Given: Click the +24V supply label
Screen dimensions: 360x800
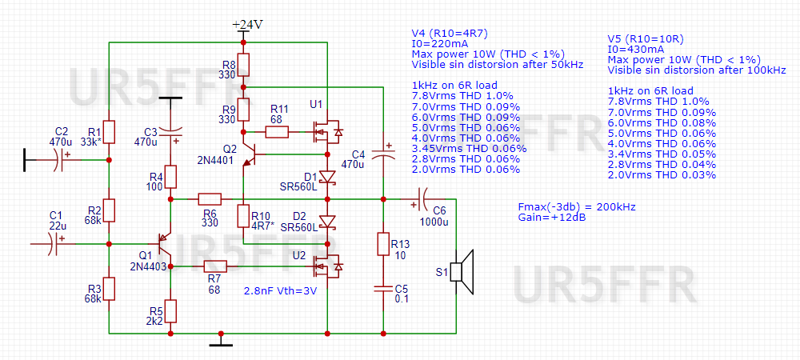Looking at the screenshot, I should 247,25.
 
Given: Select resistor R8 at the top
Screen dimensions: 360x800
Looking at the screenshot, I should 245,64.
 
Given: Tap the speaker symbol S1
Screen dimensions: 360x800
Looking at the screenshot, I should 462,270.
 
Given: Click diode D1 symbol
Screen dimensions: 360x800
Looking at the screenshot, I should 327,178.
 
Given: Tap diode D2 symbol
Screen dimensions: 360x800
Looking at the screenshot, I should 327,220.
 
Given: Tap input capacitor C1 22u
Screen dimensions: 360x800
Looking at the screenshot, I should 54,242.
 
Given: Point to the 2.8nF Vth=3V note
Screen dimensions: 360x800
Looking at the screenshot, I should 281,291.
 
